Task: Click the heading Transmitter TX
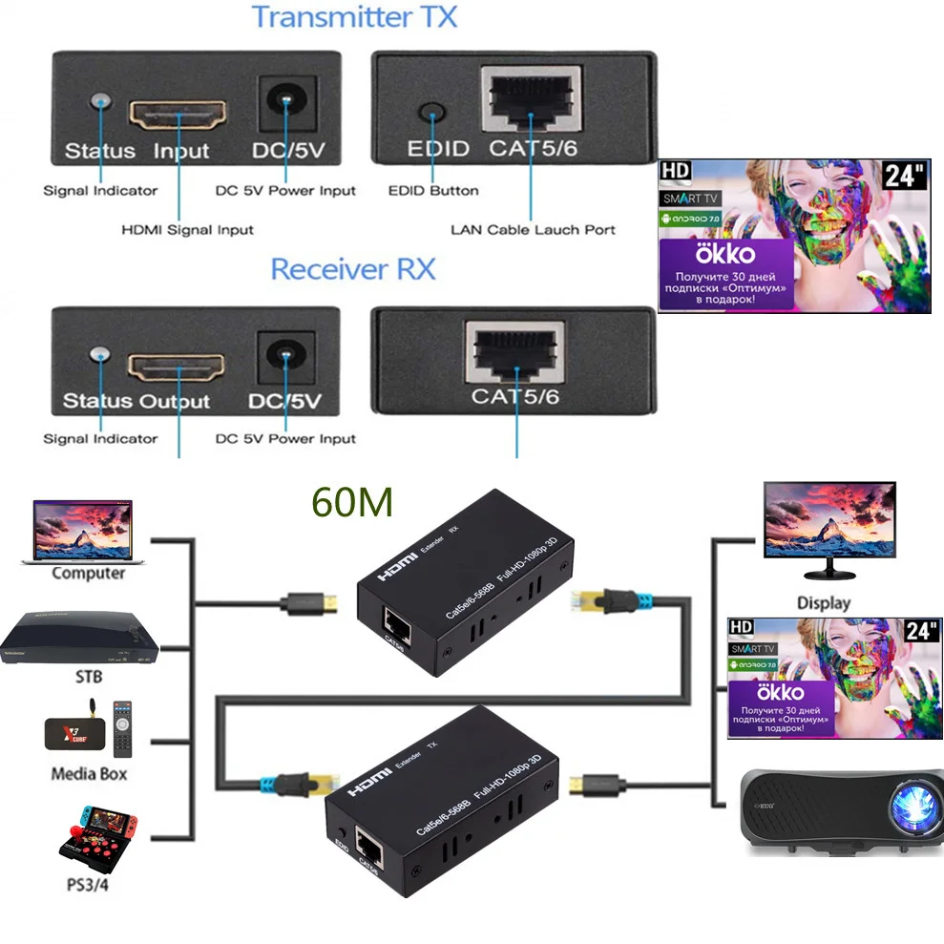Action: tap(354, 17)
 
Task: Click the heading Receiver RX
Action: tap(352, 268)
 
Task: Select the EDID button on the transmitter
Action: tap(433, 113)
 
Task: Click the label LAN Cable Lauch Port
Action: tap(533, 229)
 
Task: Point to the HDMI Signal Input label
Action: tap(187, 229)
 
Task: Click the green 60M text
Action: tap(352, 502)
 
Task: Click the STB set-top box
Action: tap(79, 638)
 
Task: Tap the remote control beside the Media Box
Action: tap(121, 729)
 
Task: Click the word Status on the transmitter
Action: tap(99, 151)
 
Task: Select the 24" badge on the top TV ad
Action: tap(905, 175)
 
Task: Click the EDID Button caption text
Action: tap(433, 190)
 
